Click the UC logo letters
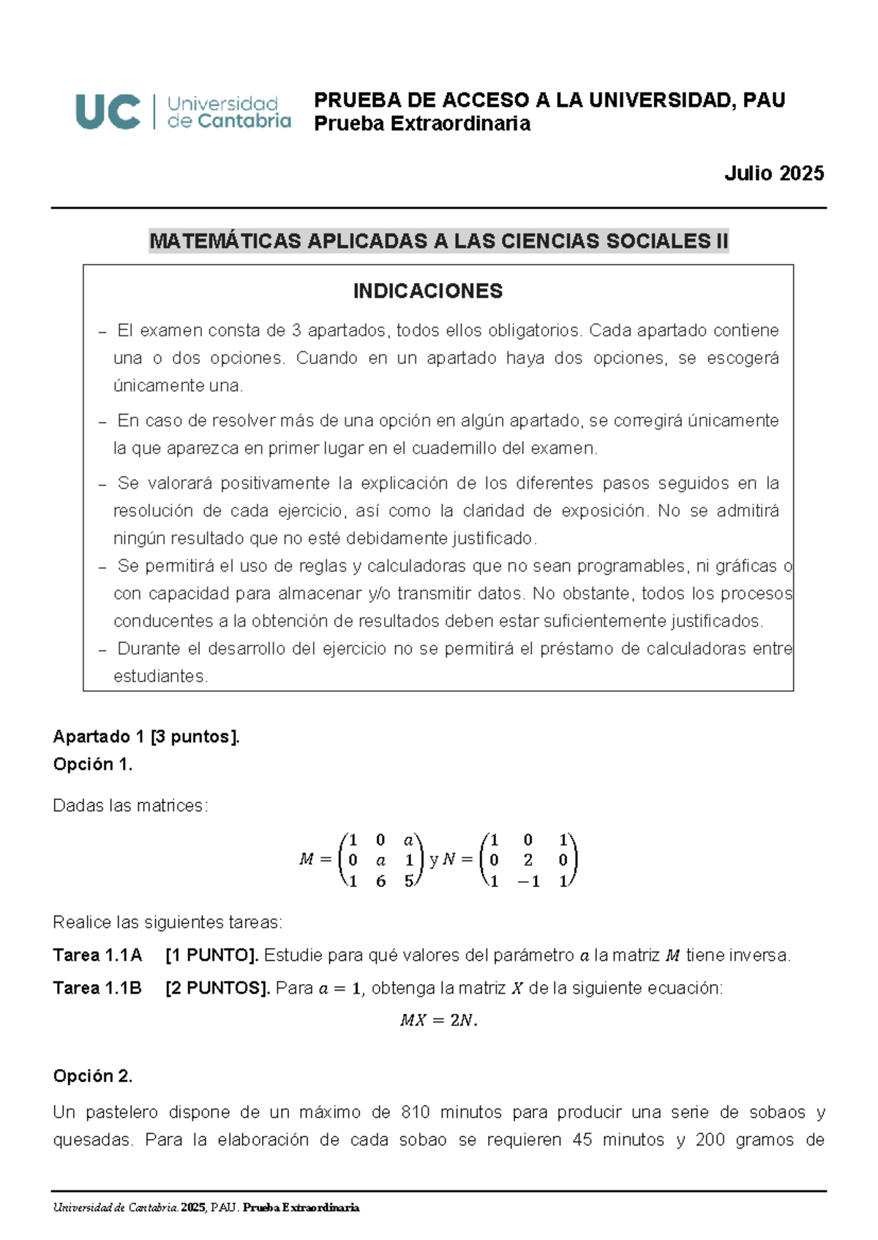click(108, 112)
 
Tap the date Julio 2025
click(773, 173)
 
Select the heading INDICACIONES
click(427, 291)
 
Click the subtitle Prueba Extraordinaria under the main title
click(422, 124)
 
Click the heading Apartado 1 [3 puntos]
click(146, 736)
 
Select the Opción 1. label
click(93, 764)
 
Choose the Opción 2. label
click(93, 1076)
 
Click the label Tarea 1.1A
click(97, 956)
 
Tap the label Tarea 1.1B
click(97, 988)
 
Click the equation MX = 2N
click(438, 1021)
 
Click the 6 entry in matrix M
click(380, 882)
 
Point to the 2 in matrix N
click(528, 861)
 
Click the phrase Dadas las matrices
click(130, 806)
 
